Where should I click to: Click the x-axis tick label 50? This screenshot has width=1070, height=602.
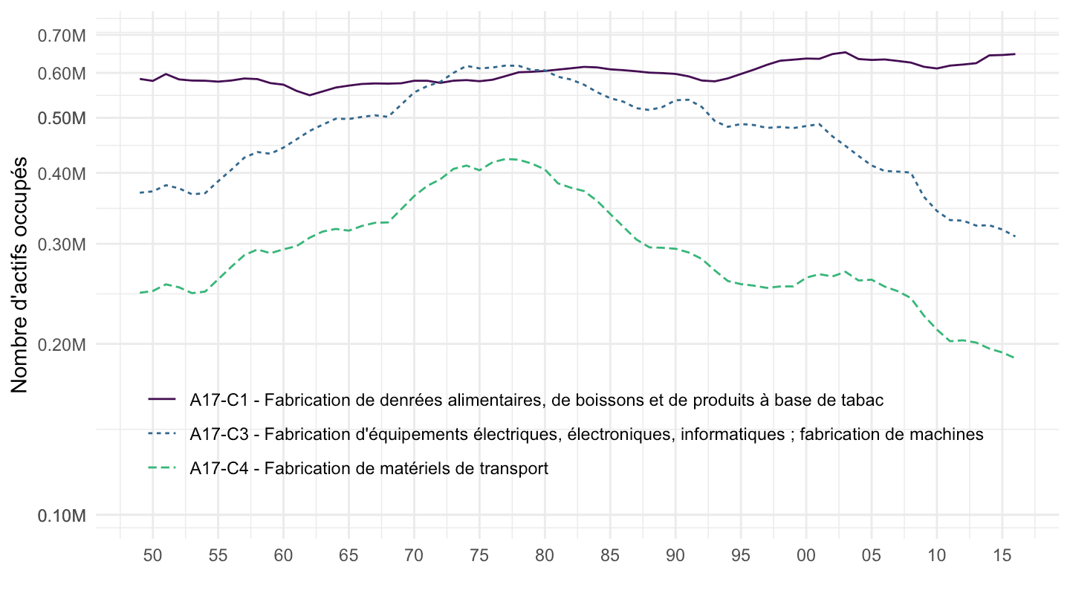[152, 554]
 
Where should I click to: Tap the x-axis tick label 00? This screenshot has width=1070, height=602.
[806, 554]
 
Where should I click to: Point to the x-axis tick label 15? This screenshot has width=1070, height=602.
[1002, 554]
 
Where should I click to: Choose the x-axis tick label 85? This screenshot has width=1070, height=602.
[610, 554]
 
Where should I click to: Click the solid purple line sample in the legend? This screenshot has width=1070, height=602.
[162, 400]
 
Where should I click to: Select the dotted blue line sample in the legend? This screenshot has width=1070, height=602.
[162, 434]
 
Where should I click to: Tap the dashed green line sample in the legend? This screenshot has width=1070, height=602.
[162, 469]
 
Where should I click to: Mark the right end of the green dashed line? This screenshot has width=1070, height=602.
[1015, 358]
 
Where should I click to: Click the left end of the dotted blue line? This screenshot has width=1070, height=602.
[140, 192]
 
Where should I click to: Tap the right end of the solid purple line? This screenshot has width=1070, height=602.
[1015, 54]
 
